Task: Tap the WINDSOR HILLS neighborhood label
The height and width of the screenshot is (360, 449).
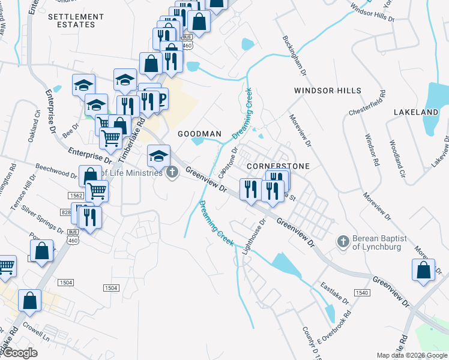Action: [328, 91]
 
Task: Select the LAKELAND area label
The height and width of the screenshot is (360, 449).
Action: [416, 112]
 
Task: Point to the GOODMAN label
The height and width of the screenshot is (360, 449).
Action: [199, 133]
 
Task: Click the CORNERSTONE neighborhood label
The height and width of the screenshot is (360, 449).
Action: [279, 166]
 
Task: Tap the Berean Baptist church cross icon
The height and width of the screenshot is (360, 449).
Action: [343, 241]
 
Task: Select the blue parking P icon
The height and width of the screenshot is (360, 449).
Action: [160, 98]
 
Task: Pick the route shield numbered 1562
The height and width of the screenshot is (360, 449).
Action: [76, 196]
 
